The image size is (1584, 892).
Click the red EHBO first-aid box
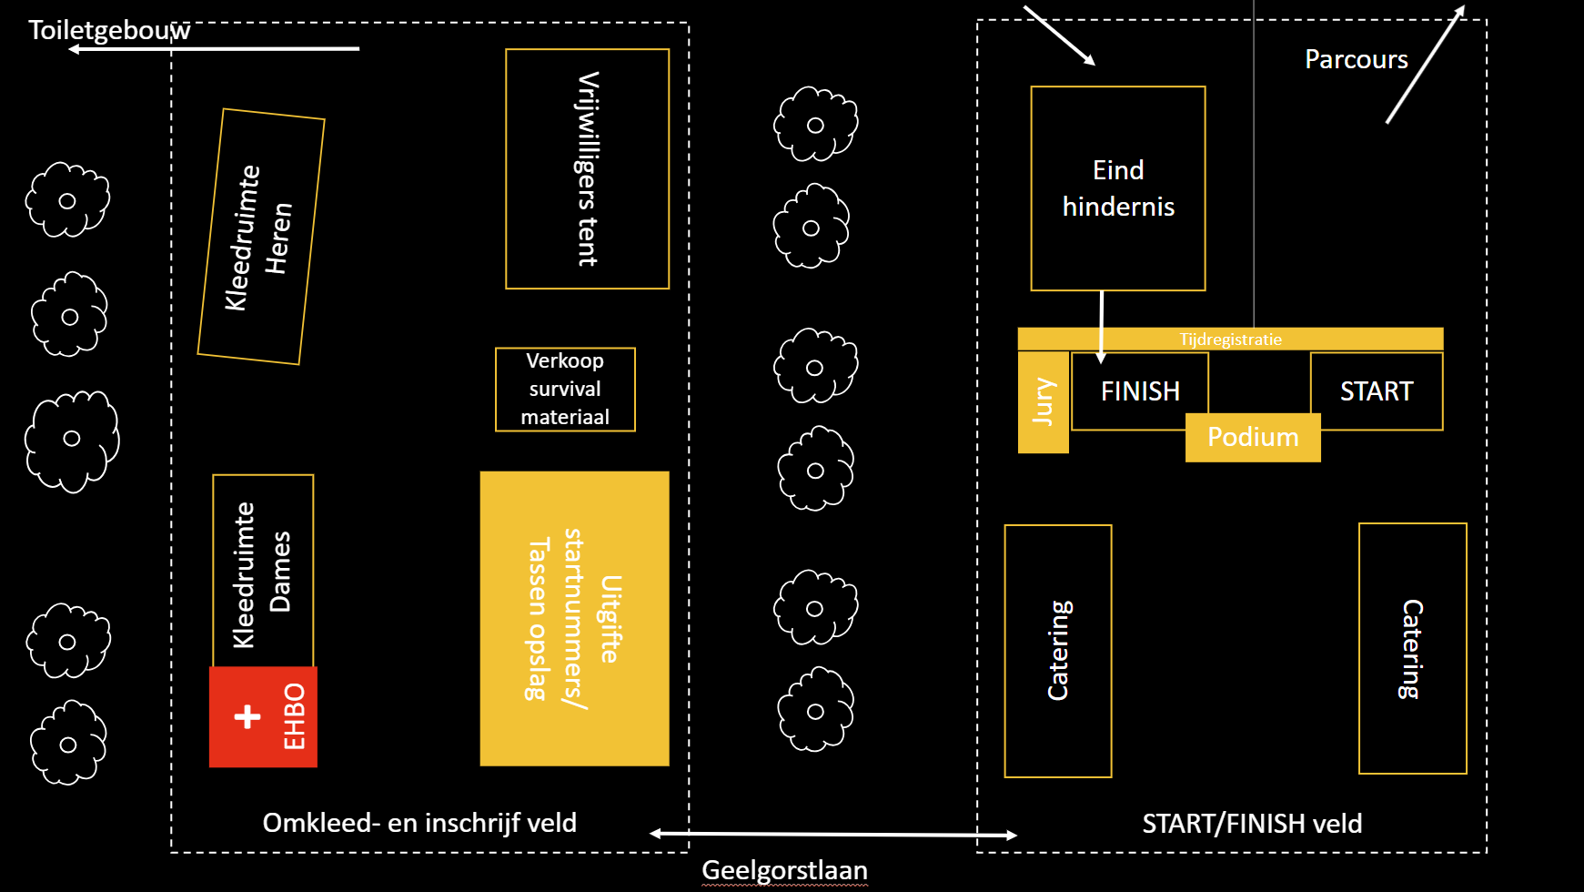[263, 717]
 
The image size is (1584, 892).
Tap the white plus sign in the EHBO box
[247, 717]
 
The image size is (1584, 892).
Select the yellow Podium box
[1253, 438]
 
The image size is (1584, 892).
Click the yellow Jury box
[1043, 401]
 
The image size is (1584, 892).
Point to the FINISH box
[1139, 391]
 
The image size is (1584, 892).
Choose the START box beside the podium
[1377, 391]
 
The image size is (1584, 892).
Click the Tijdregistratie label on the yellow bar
[1230, 340]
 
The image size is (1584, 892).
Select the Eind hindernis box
[1118, 188]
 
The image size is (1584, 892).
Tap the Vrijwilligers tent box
[587, 169]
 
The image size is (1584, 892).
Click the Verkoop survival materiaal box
[565, 390]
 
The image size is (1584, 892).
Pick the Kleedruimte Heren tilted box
[261, 237]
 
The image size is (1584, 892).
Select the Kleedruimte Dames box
[263, 572]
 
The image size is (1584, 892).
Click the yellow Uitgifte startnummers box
[574, 619]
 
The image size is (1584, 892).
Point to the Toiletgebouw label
[109, 30]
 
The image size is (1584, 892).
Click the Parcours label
[1356, 60]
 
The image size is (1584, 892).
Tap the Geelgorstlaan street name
[784, 871]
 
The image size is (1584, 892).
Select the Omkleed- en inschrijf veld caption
[419, 823]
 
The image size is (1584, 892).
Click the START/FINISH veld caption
[1252, 824]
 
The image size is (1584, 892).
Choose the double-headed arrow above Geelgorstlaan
[833, 834]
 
